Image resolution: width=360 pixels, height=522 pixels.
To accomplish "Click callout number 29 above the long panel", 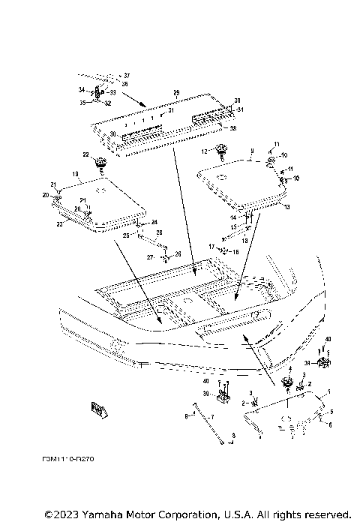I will click(175, 93).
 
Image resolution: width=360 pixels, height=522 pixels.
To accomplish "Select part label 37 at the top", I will click(127, 76).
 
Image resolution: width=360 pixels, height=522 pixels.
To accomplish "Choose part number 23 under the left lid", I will click(58, 223).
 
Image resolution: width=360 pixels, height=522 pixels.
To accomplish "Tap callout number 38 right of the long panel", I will click(233, 129).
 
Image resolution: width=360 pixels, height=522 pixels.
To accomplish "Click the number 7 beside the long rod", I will click(212, 416).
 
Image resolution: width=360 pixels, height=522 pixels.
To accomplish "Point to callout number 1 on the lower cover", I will click(326, 392).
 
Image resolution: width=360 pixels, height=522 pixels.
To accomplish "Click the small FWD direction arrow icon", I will click(98, 408).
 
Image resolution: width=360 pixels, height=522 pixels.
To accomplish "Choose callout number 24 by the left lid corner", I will click(154, 222).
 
